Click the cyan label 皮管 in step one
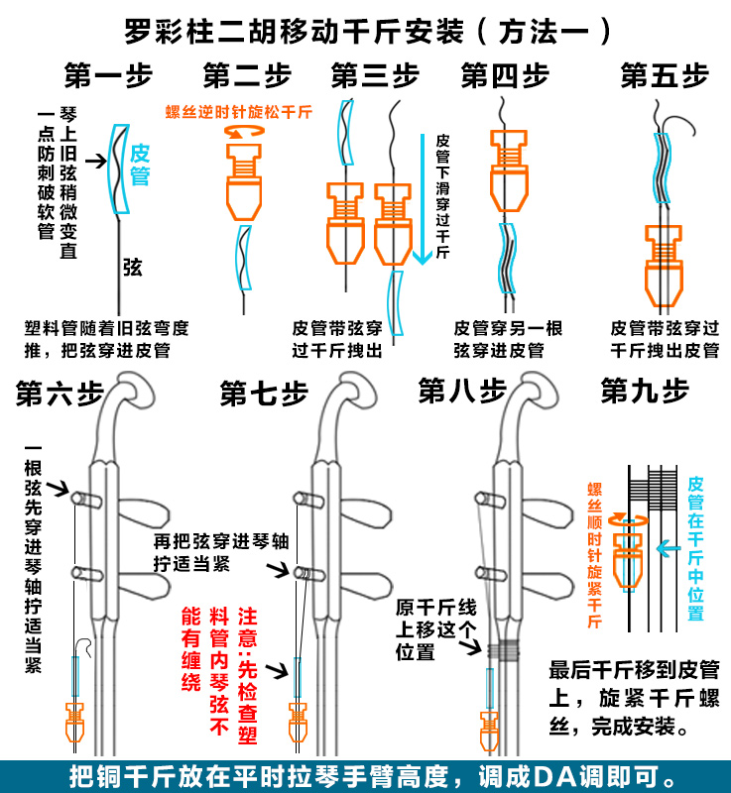[x=140, y=165]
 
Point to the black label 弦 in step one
[x=133, y=266]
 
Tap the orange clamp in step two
[x=243, y=183]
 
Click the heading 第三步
[x=374, y=75]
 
